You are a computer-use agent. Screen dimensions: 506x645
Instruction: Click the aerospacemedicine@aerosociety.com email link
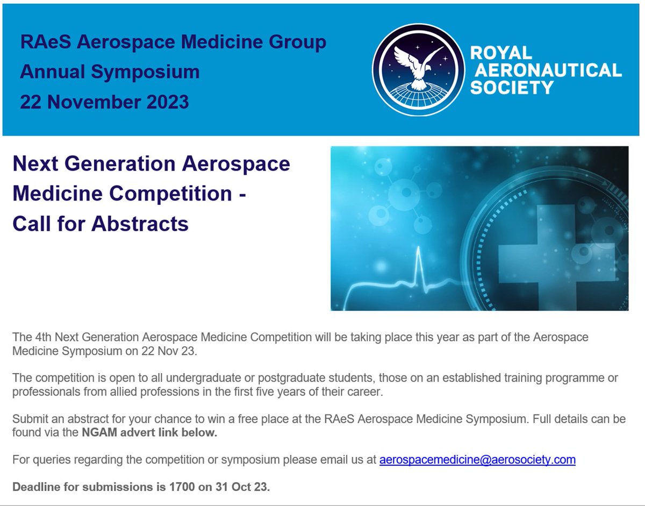(x=477, y=460)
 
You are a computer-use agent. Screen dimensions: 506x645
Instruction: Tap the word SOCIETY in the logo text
(x=512, y=87)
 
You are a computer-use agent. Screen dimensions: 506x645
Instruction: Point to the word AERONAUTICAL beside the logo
(x=546, y=69)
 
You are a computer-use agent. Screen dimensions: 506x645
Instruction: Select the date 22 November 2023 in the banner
(x=104, y=101)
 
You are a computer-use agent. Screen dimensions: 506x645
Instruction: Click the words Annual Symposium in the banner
(x=110, y=72)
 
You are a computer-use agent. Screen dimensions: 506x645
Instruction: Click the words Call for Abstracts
(x=101, y=223)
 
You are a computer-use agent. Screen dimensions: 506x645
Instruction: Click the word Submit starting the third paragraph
(x=30, y=419)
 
